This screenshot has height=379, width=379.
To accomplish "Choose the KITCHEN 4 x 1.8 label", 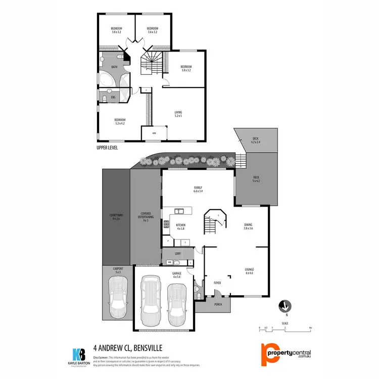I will pyautogui.click(x=180, y=226).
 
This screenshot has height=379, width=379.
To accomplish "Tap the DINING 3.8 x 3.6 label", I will pyautogui.click(x=248, y=226).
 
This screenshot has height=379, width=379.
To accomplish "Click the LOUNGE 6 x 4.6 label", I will pyautogui.click(x=249, y=271).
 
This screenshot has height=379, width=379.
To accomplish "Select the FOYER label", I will pyautogui.click(x=218, y=283).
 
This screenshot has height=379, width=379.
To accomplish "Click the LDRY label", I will pyautogui.click(x=177, y=253).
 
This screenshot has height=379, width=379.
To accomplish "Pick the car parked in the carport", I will pyautogui.click(x=118, y=297).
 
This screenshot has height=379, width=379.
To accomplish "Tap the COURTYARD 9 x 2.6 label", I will pyautogui.click(x=116, y=218).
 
